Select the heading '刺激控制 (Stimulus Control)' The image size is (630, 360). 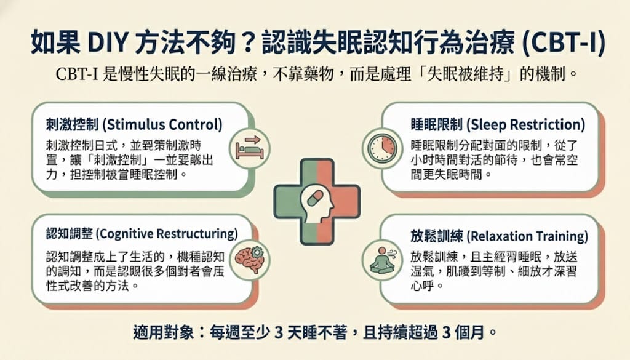(134, 125)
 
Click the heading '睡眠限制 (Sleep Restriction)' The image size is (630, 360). (497, 125)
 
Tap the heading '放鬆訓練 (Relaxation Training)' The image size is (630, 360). (499, 236)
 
